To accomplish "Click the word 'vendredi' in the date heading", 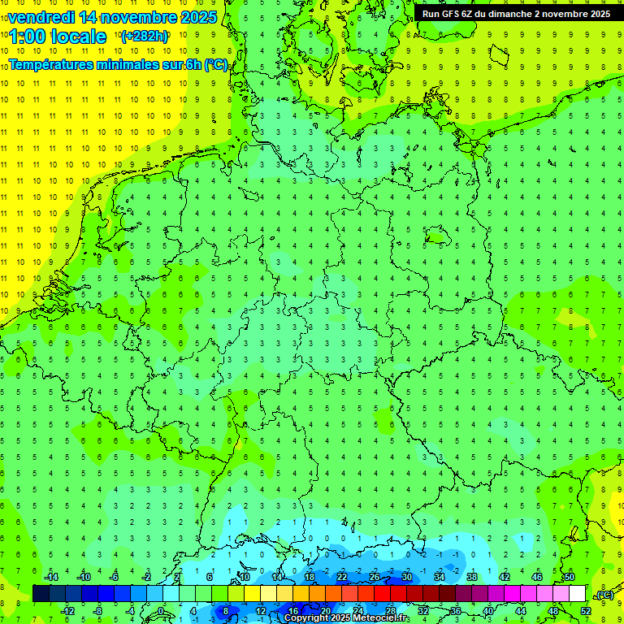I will point(41,17).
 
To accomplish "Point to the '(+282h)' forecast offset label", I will point(145,37).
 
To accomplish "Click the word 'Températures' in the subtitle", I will point(56,64).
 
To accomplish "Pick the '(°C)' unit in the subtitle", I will point(216,64).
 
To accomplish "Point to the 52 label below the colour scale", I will point(586,610).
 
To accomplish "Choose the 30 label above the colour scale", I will point(406,577).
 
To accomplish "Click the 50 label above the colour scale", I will point(569,577).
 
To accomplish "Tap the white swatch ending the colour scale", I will point(577,593).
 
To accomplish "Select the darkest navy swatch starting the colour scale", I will point(41,593).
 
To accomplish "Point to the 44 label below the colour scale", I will point(521,610).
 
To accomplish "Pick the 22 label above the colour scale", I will point(341,577).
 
